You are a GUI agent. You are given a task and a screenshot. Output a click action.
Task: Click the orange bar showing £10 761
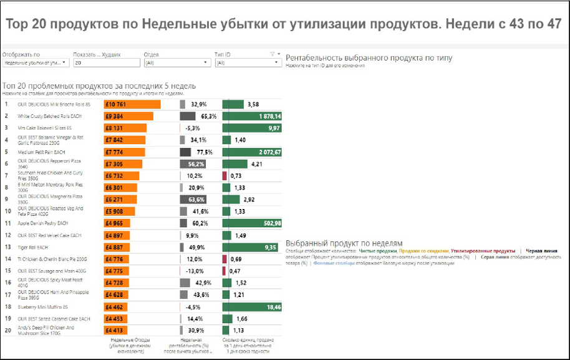coord(132,104)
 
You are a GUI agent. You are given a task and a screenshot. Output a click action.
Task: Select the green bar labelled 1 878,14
coord(252,116)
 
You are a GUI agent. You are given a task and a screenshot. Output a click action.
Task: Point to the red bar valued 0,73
coord(225,176)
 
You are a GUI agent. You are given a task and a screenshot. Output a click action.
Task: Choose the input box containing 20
coord(106,63)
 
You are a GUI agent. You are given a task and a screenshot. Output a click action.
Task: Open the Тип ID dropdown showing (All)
coord(248,63)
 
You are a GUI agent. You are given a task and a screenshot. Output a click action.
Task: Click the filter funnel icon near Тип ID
coord(273,54)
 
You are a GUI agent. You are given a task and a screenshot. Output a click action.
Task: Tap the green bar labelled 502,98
coord(252,223)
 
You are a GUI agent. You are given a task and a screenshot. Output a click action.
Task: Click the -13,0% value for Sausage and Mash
coord(195,271)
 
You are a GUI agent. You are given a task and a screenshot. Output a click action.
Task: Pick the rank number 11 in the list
coord(7,223)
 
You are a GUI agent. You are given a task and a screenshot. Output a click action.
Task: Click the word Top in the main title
coord(19,24)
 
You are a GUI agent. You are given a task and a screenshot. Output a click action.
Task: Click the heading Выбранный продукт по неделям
coord(344,243)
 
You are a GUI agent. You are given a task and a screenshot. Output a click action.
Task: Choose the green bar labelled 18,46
coord(252,307)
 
